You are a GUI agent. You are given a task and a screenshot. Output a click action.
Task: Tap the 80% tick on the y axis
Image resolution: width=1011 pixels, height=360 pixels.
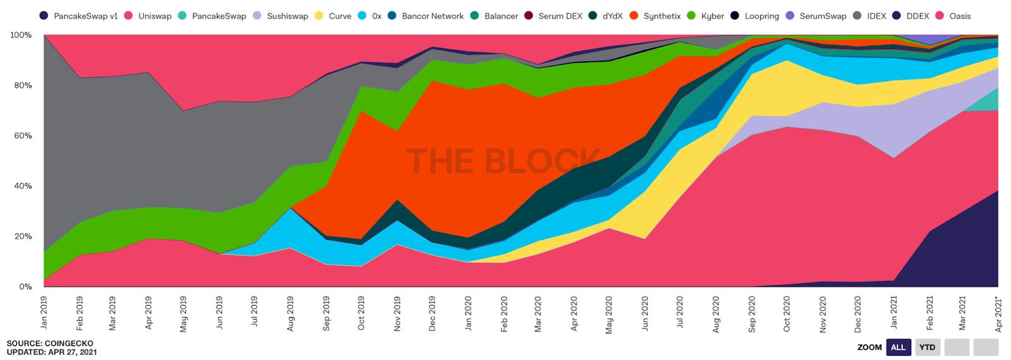[x=21, y=85]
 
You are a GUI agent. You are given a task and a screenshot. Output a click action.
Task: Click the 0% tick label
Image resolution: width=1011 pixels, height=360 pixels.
[x=25, y=287]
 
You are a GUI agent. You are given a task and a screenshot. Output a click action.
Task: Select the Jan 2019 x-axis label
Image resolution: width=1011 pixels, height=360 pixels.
[x=44, y=313]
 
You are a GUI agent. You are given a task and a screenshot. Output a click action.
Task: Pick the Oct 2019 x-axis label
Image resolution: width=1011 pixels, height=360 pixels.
[x=361, y=314]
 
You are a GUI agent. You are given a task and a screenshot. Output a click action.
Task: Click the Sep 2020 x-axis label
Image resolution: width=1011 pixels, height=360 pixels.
[x=752, y=314]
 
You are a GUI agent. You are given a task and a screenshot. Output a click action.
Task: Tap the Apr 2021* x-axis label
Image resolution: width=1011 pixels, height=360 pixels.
[x=998, y=314]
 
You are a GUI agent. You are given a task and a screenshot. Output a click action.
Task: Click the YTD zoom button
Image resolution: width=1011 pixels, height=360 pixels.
[x=927, y=347]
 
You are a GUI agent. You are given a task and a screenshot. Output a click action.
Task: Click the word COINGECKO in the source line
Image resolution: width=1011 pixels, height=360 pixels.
[x=69, y=344]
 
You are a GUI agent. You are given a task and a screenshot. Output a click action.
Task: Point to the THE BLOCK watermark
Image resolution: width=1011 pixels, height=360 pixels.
[x=504, y=161]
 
